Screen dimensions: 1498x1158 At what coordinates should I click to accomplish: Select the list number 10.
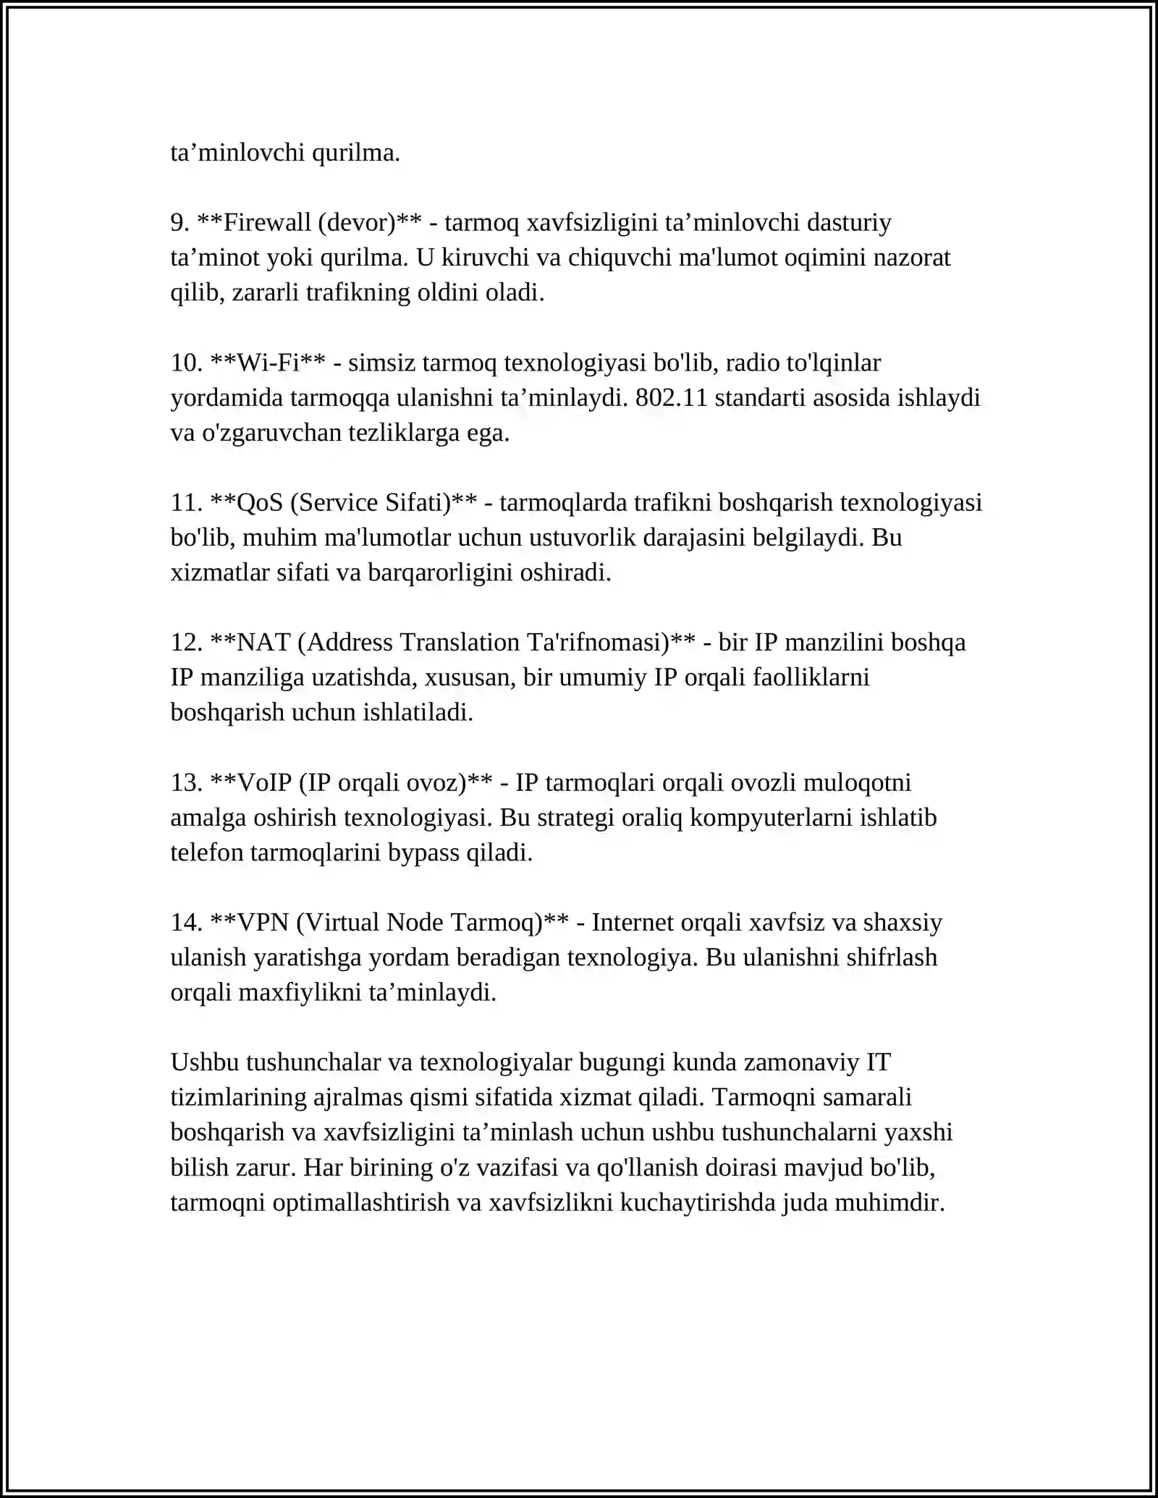[185, 363]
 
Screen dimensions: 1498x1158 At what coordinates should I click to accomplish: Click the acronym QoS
[260, 502]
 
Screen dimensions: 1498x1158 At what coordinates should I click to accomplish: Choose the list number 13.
[185, 782]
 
